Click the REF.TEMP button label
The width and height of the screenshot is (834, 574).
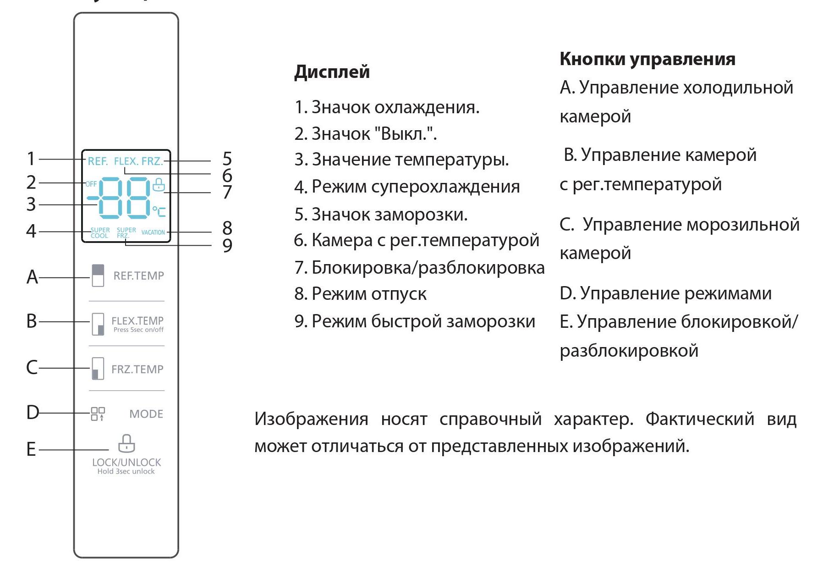(x=138, y=276)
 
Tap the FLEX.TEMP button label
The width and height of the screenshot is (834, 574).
(x=137, y=320)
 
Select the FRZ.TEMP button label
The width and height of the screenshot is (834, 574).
(x=137, y=369)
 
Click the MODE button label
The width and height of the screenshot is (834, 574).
(x=146, y=414)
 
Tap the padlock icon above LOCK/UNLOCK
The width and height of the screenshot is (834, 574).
(x=126, y=444)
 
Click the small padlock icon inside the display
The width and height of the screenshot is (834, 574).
(x=159, y=184)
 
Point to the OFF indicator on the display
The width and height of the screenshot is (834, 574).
(x=91, y=184)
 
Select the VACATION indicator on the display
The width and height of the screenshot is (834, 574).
(x=153, y=232)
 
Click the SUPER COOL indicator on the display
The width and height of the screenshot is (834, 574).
(x=100, y=233)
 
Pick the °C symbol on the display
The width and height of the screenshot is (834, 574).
(x=159, y=211)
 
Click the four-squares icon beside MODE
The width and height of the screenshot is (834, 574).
(x=98, y=414)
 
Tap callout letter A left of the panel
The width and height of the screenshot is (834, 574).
(x=32, y=277)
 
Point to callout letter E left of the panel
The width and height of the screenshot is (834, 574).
(x=31, y=449)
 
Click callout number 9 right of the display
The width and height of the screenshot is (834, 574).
(x=227, y=246)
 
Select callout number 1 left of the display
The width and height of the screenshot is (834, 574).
(x=31, y=159)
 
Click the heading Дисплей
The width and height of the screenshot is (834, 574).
(x=332, y=72)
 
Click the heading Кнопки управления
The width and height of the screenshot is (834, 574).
(x=647, y=59)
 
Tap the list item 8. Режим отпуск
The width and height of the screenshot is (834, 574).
(x=360, y=294)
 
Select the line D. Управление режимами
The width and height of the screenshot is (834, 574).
(x=665, y=293)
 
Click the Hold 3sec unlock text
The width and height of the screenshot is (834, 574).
(x=126, y=471)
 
